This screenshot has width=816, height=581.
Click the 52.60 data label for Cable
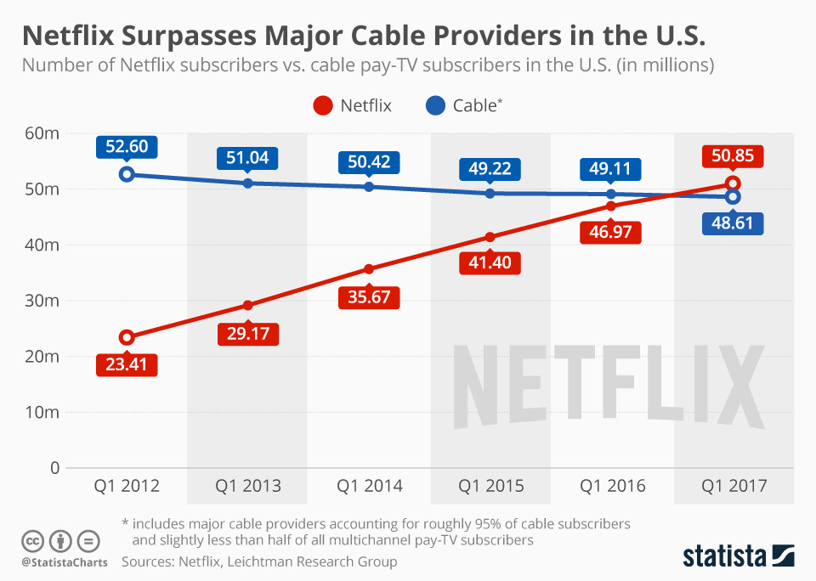tap(127, 147)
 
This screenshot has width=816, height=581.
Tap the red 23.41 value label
tap(127, 365)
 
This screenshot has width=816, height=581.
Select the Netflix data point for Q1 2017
tap(733, 183)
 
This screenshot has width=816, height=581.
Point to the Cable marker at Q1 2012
tap(127, 174)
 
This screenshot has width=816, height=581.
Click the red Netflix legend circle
tap(322, 105)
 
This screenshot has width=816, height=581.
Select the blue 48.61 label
tap(733, 223)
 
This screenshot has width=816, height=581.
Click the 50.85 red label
tap(733, 157)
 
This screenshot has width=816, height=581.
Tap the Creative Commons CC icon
tap(32, 540)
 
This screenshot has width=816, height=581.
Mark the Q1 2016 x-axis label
tap(612, 487)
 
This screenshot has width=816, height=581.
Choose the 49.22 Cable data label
tap(490, 168)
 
